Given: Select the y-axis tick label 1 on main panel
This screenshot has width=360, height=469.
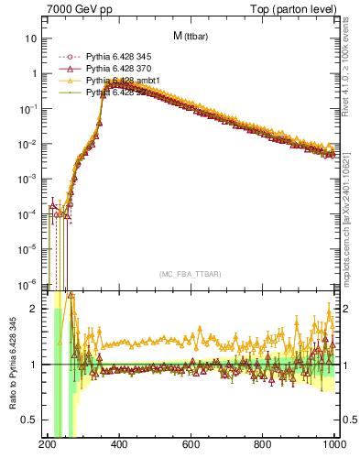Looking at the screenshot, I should click(x=35, y=74).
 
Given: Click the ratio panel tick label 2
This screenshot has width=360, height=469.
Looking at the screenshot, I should click(x=35, y=310).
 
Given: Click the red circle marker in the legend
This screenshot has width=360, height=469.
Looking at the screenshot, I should click(x=64, y=57).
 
